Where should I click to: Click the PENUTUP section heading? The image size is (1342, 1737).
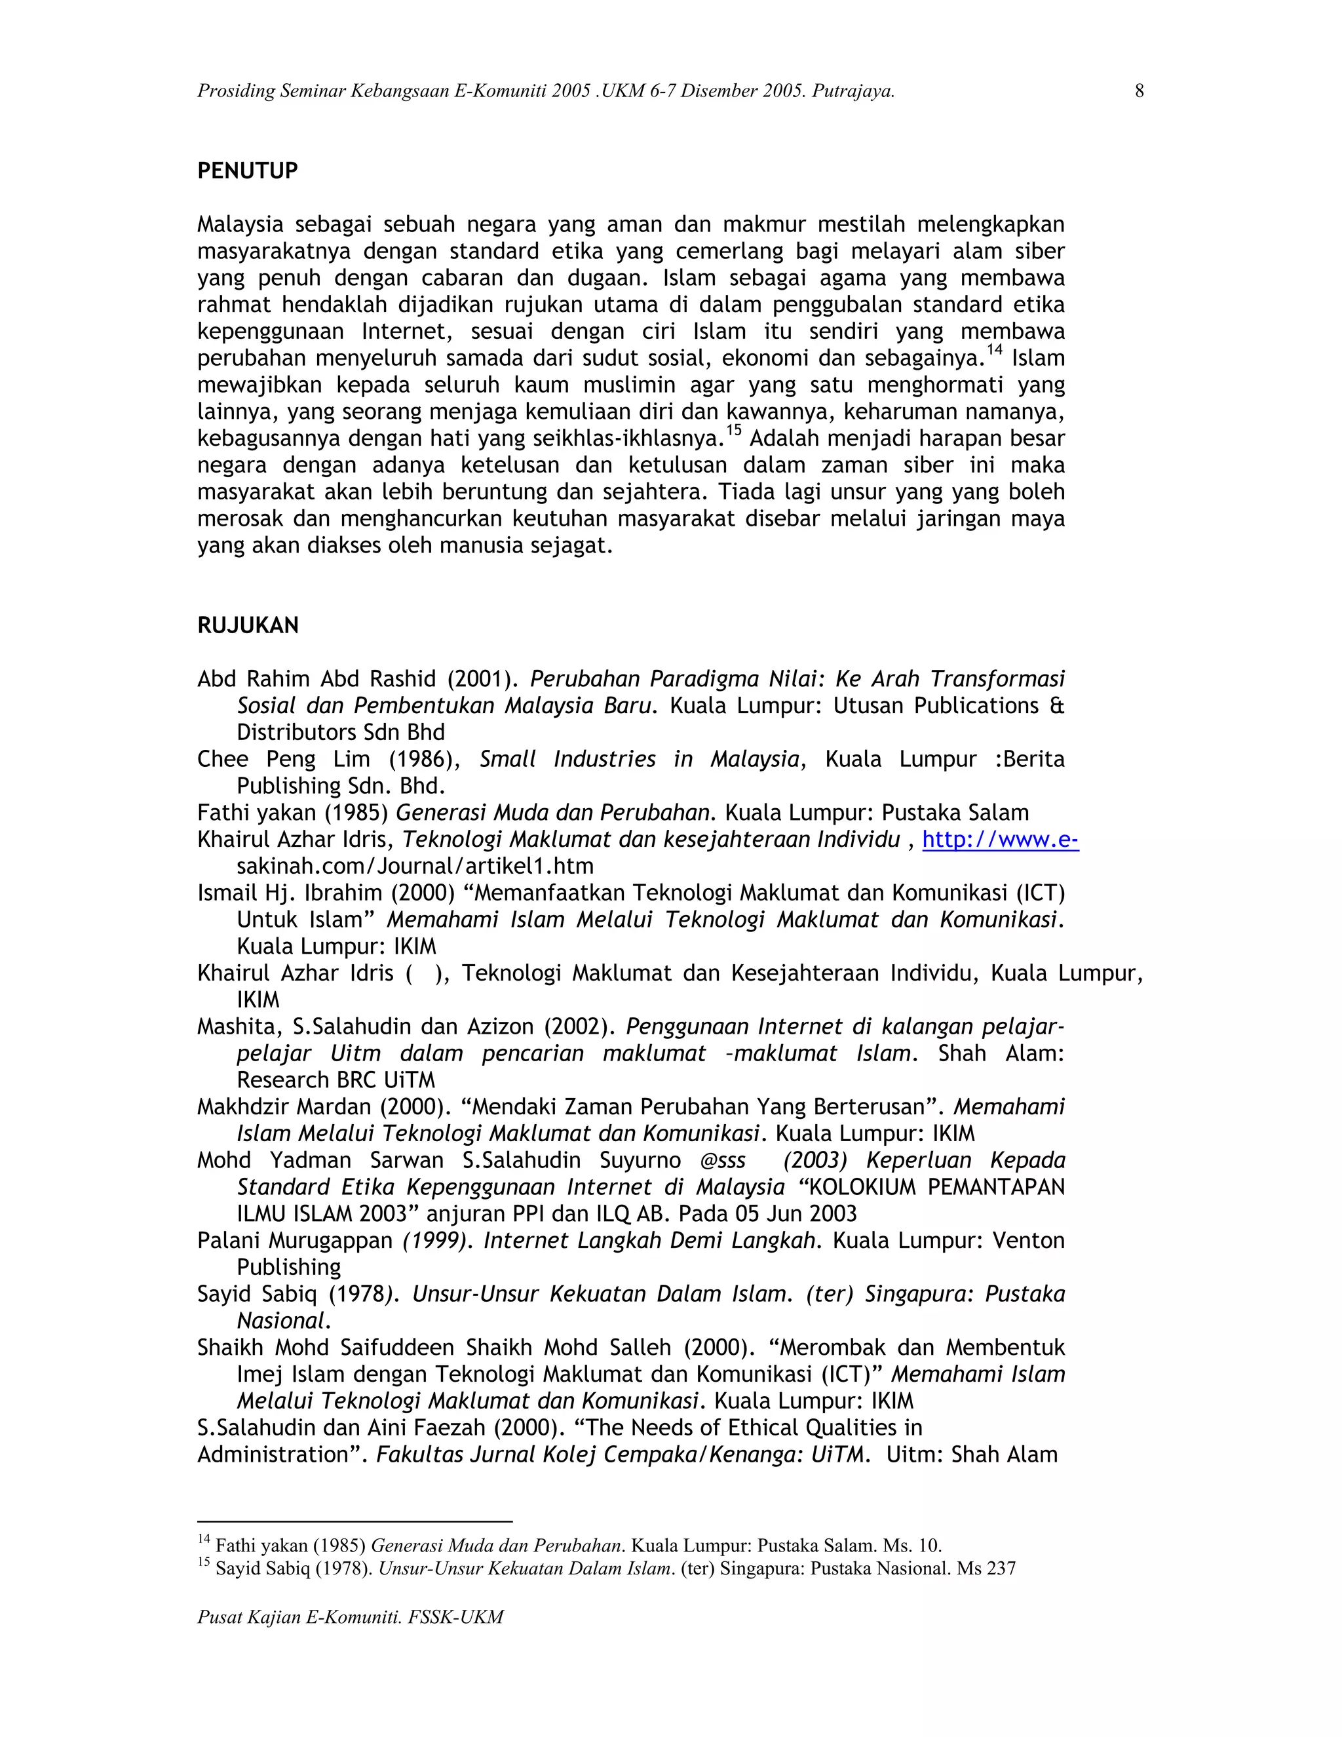pyautogui.click(x=247, y=171)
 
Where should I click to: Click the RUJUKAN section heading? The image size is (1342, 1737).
pyautogui.click(x=248, y=626)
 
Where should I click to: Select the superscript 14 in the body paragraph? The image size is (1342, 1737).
pyautogui.click(x=995, y=350)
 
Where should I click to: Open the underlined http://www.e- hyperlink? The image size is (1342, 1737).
pyautogui.click(x=1000, y=840)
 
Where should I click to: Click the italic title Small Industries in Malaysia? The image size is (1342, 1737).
pyautogui.click(x=638, y=760)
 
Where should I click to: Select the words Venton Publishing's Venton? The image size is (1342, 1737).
pyautogui.click(x=1029, y=1241)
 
